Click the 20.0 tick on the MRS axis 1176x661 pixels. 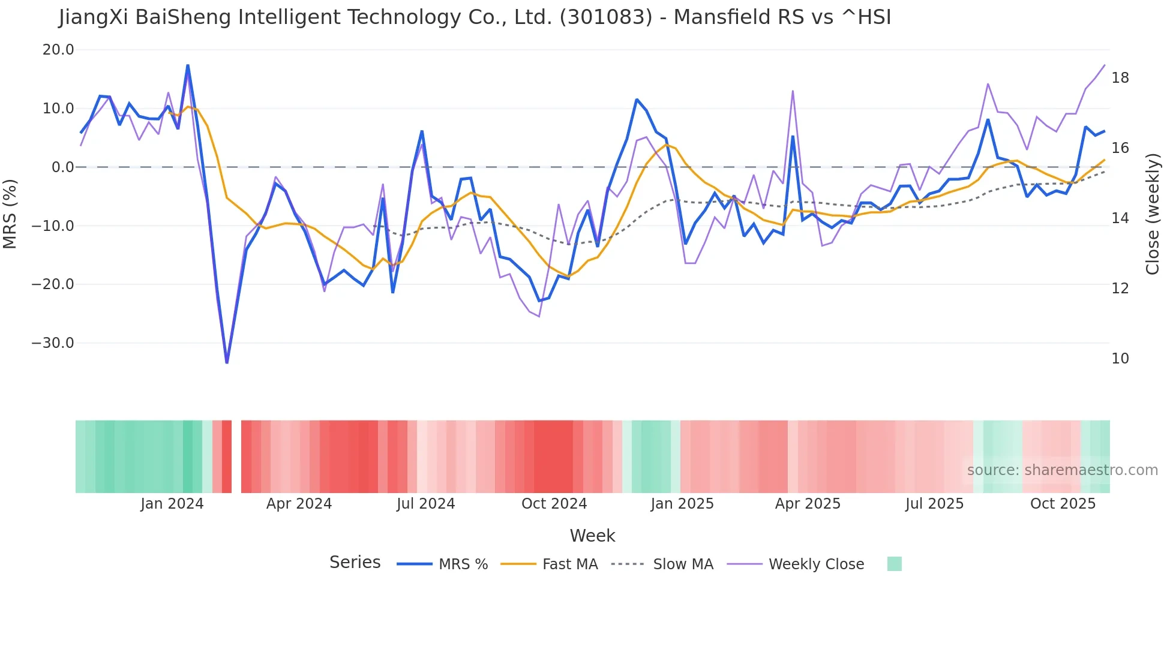(x=58, y=50)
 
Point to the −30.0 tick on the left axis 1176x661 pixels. (x=53, y=343)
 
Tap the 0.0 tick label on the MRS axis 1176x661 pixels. (x=62, y=167)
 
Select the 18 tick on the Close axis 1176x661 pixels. (x=1120, y=78)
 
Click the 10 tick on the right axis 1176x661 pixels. (x=1120, y=359)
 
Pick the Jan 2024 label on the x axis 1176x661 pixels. (x=172, y=504)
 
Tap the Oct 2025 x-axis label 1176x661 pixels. (x=1063, y=504)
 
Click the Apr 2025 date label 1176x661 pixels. (x=808, y=504)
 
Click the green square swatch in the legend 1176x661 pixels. (x=894, y=564)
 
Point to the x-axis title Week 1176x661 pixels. (x=592, y=536)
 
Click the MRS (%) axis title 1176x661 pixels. (x=10, y=214)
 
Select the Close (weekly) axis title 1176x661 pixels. (x=1152, y=214)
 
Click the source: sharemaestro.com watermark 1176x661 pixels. (x=1062, y=470)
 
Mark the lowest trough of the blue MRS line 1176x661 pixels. (x=227, y=362)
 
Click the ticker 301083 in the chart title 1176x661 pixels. (x=605, y=17)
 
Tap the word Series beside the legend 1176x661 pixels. (x=355, y=563)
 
